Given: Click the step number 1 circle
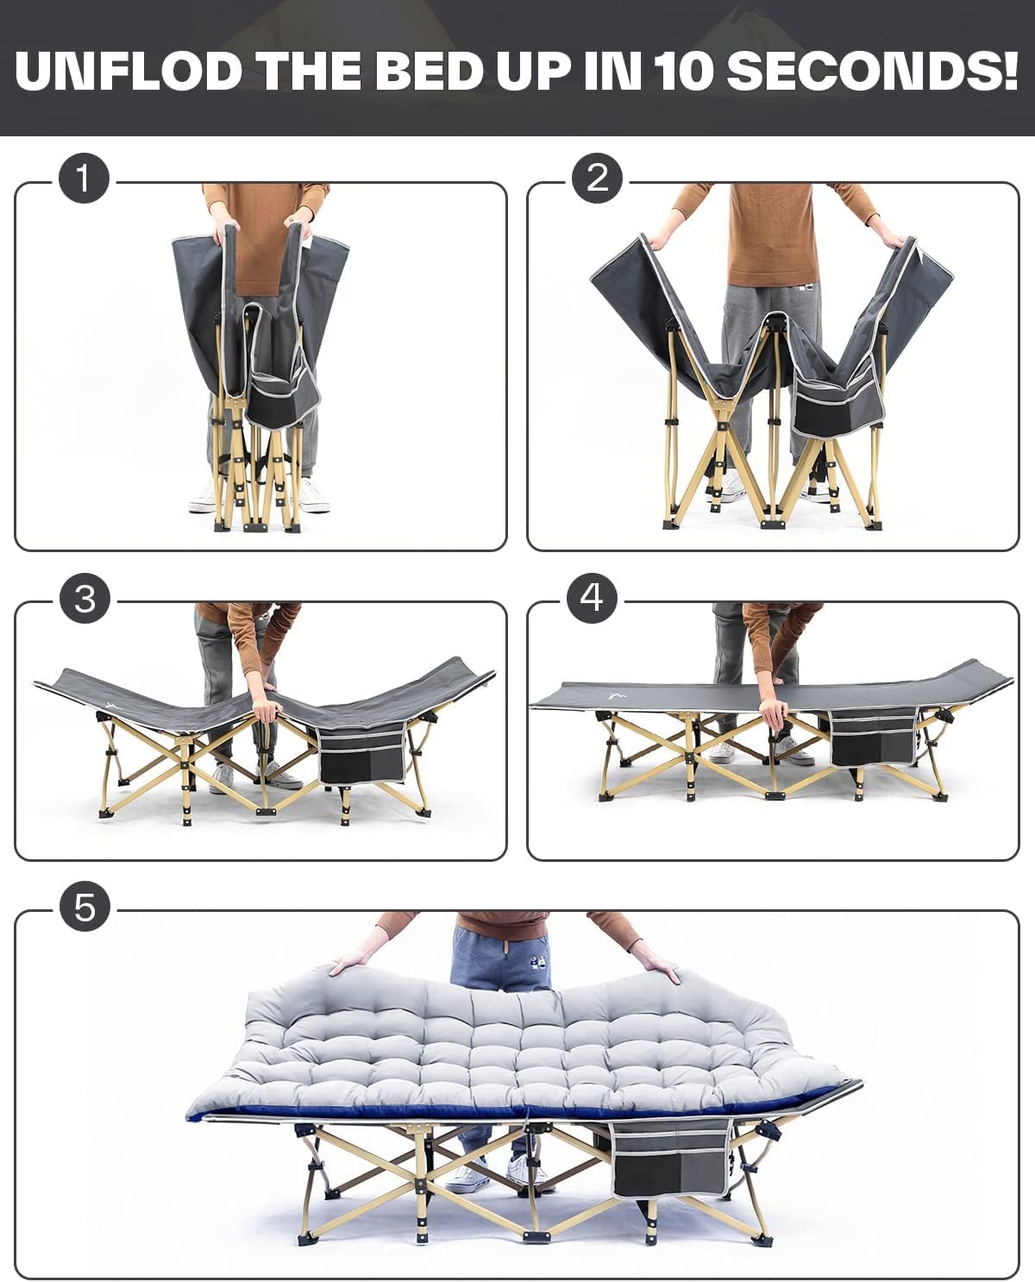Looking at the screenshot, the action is (84, 179).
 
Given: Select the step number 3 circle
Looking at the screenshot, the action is (85, 599).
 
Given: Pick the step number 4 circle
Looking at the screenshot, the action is (593, 598).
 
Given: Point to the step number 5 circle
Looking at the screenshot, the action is (85, 907).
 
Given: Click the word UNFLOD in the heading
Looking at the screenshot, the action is (129, 71).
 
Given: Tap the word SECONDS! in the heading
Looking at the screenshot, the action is (873, 71).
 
